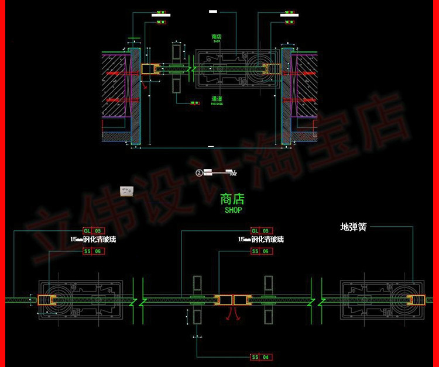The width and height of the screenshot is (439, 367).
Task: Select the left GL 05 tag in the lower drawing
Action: (x=94, y=231)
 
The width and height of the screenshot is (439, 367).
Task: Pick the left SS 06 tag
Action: (x=94, y=251)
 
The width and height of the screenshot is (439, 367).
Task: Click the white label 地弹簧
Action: (x=354, y=227)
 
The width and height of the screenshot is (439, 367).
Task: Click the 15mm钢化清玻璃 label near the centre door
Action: (x=260, y=240)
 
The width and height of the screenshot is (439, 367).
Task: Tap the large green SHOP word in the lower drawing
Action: (x=233, y=210)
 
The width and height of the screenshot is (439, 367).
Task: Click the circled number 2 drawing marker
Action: (x=199, y=172)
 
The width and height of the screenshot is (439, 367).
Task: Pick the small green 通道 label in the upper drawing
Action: (x=217, y=99)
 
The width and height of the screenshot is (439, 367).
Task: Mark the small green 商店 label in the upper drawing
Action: (x=216, y=36)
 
